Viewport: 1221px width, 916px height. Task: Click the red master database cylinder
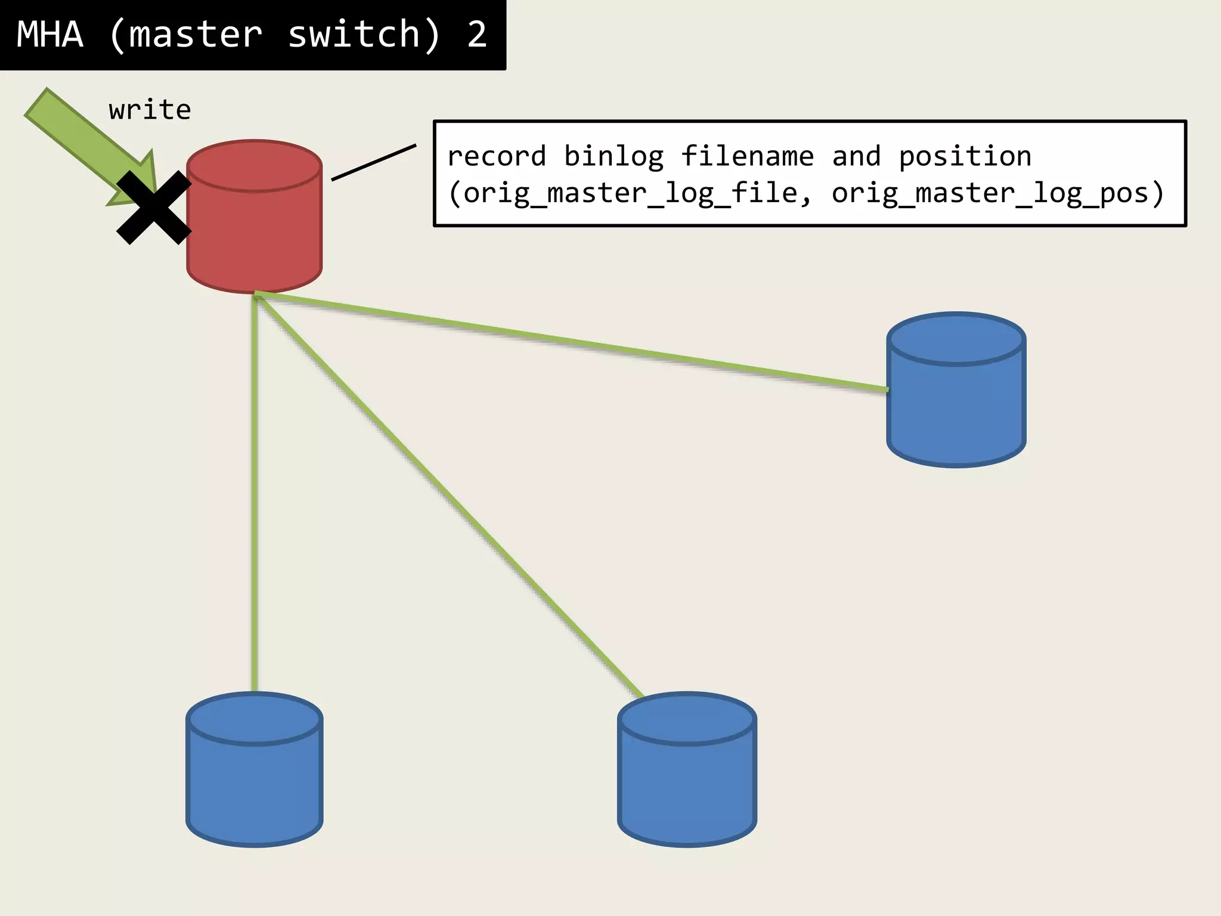[x=255, y=227]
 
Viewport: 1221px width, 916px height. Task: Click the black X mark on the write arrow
[x=154, y=208]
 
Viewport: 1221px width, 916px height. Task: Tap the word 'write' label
[x=150, y=110]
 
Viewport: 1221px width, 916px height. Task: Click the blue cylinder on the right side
[x=956, y=400]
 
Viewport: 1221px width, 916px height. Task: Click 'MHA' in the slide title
[x=50, y=35]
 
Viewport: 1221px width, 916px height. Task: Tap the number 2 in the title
[x=477, y=35]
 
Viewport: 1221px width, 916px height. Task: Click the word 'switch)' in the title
[x=364, y=35]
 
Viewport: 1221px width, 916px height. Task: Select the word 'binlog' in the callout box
[x=613, y=156]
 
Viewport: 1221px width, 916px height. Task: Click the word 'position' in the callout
[x=965, y=156]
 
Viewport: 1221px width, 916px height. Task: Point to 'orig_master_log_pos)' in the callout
[x=997, y=193]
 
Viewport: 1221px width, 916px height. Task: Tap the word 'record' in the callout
[x=497, y=156]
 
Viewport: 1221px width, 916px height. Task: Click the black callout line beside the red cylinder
[x=374, y=162]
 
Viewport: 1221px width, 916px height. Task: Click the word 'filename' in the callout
[x=747, y=156]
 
